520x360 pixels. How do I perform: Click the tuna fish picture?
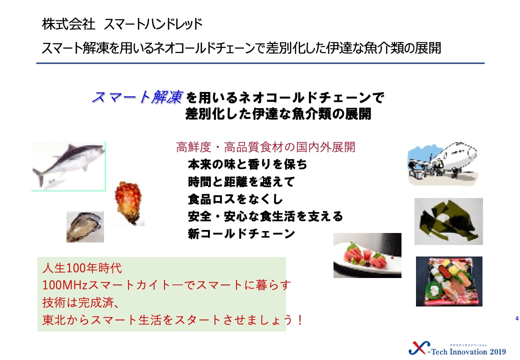coord(68,166)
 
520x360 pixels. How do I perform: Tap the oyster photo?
coord(85,226)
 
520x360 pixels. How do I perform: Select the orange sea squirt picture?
coord(128,203)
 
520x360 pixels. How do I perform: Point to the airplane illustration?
coord(442,163)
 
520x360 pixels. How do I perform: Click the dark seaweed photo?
coord(448,221)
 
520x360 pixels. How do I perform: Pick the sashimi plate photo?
coord(367,255)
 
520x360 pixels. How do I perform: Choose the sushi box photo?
coord(449,281)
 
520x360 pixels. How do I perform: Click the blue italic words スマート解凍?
coord(137,97)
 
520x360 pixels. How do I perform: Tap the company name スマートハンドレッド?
coord(153,24)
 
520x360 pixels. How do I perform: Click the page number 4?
coord(516,318)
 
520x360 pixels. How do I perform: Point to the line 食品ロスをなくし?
coord(235,199)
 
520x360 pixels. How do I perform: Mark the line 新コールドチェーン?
coord(241,233)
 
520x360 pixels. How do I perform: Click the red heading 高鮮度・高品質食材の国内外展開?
coord(265,147)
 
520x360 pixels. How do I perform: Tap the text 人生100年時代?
coord(82,268)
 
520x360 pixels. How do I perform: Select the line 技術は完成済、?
coord(80,302)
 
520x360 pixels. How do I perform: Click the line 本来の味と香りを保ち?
coord(247,164)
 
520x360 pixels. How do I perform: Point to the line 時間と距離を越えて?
coord(241,181)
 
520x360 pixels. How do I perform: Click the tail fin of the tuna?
coord(38,176)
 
